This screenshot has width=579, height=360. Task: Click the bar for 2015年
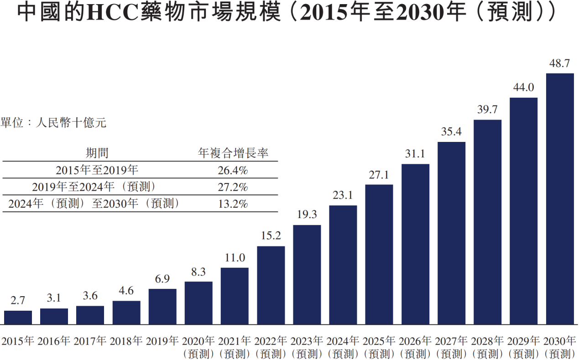pyautogui.click(x=18, y=318)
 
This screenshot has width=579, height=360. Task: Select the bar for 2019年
pyautogui.click(x=162, y=307)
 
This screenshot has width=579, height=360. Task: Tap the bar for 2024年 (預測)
pyautogui.click(x=343, y=265)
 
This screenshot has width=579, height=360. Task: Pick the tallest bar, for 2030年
pyautogui.click(x=560, y=199)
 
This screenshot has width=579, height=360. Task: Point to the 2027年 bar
pyautogui.click(x=451, y=233)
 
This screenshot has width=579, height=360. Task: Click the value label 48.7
pyautogui.click(x=560, y=64)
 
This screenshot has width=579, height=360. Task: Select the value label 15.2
pyautogui.click(x=271, y=236)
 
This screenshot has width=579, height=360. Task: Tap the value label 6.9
pyautogui.click(x=162, y=279)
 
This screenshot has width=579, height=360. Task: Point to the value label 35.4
pyautogui.click(x=451, y=132)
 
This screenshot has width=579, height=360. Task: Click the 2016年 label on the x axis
pyautogui.click(x=54, y=340)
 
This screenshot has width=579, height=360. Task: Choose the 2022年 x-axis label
pyautogui.click(x=271, y=340)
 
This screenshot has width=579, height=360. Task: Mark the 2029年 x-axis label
pyautogui.click(x=524, y=340)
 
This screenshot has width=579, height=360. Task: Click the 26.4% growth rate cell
pyautogui.click(x=233, y=170)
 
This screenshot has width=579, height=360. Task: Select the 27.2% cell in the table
pyautogui.click(x=233, y=187)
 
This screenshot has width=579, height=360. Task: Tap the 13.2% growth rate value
pyautogui.click(x=233, y=203)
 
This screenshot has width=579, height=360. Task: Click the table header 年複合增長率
pyautogui.click(x=233, y=153)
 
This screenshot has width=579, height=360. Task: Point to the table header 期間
pyautogui.click(x=97, y=153)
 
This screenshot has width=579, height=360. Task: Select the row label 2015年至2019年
pyautogui.click(x=97, y=170)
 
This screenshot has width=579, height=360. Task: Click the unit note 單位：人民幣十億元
pyautogui.click(x=53, y=122)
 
